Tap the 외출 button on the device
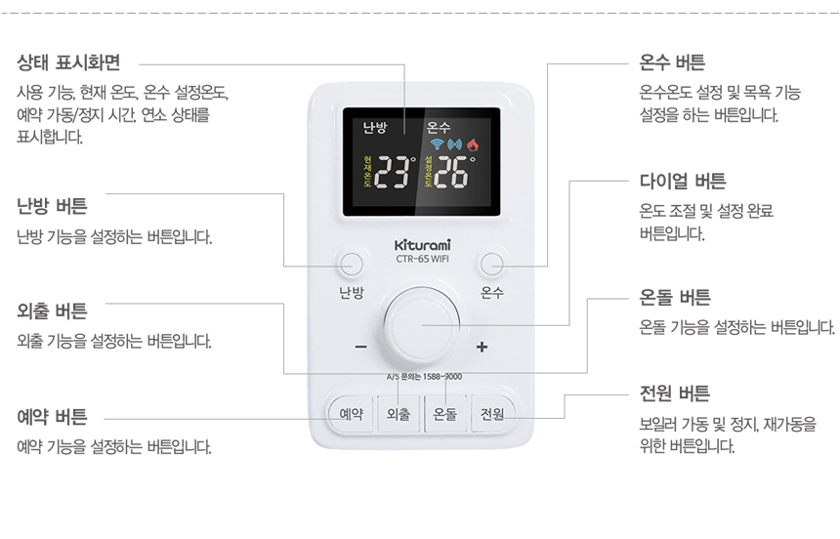399,414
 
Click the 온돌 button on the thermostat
445,414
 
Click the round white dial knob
421,325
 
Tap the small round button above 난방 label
350,264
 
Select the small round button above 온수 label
491,264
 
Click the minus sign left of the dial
360,348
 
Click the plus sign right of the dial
481,348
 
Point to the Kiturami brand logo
422,244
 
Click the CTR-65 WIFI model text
422,259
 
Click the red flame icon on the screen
474,145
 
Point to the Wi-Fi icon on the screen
437,145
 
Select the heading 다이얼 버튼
683,181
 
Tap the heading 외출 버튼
52,311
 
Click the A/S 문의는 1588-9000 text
424,377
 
